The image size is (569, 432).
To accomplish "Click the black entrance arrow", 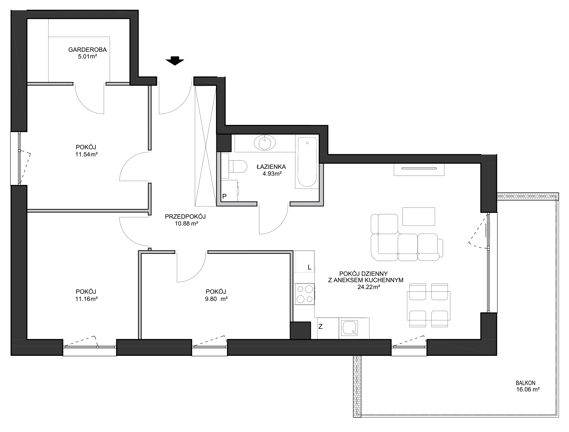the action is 175,61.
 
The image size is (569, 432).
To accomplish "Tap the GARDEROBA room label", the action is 88,50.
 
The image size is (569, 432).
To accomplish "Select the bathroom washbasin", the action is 265,143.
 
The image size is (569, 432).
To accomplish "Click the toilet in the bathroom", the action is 238,166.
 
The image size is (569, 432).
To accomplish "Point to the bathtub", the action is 307,162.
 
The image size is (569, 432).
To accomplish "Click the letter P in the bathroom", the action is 224,197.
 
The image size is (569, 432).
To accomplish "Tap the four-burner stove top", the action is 305,294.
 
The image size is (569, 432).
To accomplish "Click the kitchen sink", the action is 350,328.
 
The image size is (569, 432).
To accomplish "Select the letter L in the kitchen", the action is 309,267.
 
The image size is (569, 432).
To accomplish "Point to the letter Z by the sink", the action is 321,327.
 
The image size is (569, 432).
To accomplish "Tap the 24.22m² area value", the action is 369,287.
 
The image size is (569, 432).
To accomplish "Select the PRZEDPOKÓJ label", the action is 185,216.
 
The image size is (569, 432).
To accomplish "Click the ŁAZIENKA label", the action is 271,167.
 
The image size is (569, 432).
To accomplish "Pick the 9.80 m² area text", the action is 216,299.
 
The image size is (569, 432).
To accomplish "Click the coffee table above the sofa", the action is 418,216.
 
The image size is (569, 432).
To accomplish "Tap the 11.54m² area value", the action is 86,154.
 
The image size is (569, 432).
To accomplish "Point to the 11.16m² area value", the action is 86,299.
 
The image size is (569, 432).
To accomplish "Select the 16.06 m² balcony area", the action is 528,390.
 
